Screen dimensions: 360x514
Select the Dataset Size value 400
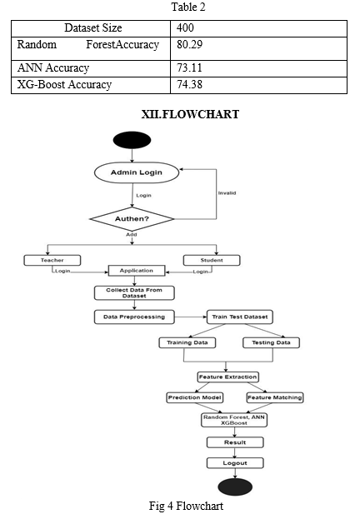[x=185, y=27]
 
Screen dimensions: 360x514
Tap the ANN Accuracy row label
[x=53, y=67]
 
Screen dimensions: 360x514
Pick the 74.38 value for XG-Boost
[x=189, y=85]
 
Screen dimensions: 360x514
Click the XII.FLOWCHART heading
[x=190, y=114]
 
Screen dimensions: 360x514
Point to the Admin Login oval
[x=137, y=172]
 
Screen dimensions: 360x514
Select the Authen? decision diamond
[x=132, y=218]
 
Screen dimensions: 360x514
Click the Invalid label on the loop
[x=227, y=193]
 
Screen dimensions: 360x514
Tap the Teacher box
[x=52, y=260]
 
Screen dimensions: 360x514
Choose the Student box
[x=212, y=260]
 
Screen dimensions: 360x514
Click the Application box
[x=137, y=271]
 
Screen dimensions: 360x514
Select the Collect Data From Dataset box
[x=134, y=292]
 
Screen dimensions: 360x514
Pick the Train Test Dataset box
[x=240, y=317]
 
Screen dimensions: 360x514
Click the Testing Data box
[x=271, y=342]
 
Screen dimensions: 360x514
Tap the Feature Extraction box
[x=227, y=377]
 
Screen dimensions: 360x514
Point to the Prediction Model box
[x=195, y=397]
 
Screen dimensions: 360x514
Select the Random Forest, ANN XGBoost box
[x=234, y=420]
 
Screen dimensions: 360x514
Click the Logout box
[x=235, y=463]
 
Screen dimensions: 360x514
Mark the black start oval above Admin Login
[x=132, y=140]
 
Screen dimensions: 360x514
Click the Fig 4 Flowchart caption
[x=186, y=506]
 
